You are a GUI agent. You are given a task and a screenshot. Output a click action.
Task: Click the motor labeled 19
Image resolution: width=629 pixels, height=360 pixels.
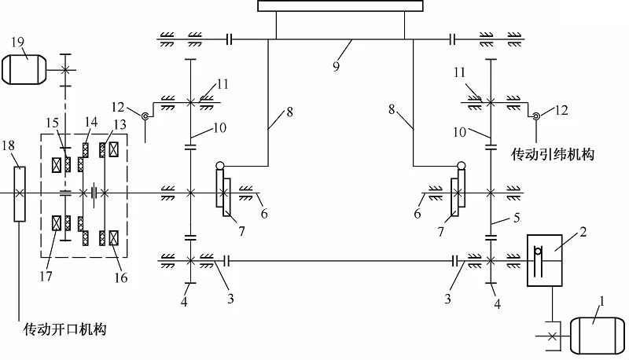click(x=24, y=70)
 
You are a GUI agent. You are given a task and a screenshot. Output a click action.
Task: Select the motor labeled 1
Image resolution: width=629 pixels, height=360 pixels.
click(x=597, y=336)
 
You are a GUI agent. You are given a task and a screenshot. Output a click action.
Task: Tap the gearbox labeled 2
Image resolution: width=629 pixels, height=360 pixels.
click(x=544, y=260)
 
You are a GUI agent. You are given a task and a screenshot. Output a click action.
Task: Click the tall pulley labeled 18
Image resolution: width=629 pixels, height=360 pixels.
click(x=20, y=194)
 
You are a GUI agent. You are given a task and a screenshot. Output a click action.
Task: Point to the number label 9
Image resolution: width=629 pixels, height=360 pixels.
click(x=337, y=66)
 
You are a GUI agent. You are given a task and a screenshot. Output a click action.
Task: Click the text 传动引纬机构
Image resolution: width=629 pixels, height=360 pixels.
click(x=553, y=154)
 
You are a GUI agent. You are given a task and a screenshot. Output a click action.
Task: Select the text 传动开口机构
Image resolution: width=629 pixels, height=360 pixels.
click(x=65, y=329)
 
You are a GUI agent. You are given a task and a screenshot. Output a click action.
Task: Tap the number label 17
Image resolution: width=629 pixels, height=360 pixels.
click(x=46, y=276)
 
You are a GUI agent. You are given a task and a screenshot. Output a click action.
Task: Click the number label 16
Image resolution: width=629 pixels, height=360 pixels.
click(x=121, y=277)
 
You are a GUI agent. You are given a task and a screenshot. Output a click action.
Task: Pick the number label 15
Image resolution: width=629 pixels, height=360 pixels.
click(x=53, y=123)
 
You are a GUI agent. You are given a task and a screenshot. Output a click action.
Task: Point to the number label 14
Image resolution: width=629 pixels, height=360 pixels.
click(x=91, y=122)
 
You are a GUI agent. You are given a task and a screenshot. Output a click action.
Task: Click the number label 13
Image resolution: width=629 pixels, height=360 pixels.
click(x=120, y=124)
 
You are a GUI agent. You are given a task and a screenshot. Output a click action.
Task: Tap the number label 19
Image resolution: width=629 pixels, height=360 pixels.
click(x=17, y=42)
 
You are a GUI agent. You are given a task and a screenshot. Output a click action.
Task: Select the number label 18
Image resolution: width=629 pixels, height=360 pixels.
click(x=8, y=145)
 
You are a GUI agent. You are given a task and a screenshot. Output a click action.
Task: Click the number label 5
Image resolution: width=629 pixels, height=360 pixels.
click(x=517, y=218)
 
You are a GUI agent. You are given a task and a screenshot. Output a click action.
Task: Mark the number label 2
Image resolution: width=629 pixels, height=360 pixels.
click(x=583, y=232)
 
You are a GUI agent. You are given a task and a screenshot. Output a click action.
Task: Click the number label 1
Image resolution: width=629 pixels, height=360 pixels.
click(x=601, y=301)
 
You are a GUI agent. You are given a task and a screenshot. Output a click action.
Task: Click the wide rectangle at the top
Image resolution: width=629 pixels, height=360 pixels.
click(x=340, y=6)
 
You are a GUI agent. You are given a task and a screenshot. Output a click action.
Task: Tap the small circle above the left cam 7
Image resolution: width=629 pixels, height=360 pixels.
click(x=220, y=165)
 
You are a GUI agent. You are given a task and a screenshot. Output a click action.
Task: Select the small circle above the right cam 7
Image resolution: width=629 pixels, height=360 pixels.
click(x=462, y=165)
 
